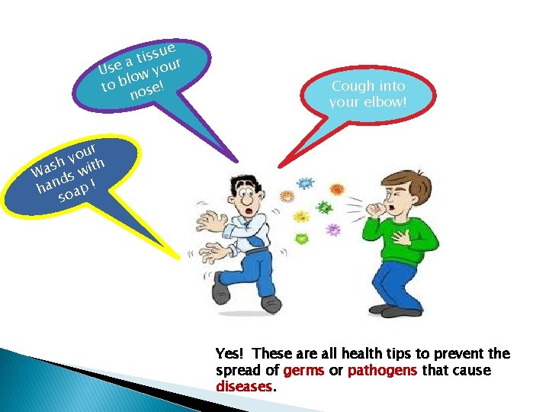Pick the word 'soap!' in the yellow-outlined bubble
point(75,192)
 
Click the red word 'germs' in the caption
point(303,370)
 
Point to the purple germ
point(332,229)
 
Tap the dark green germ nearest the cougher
point(326,208)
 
